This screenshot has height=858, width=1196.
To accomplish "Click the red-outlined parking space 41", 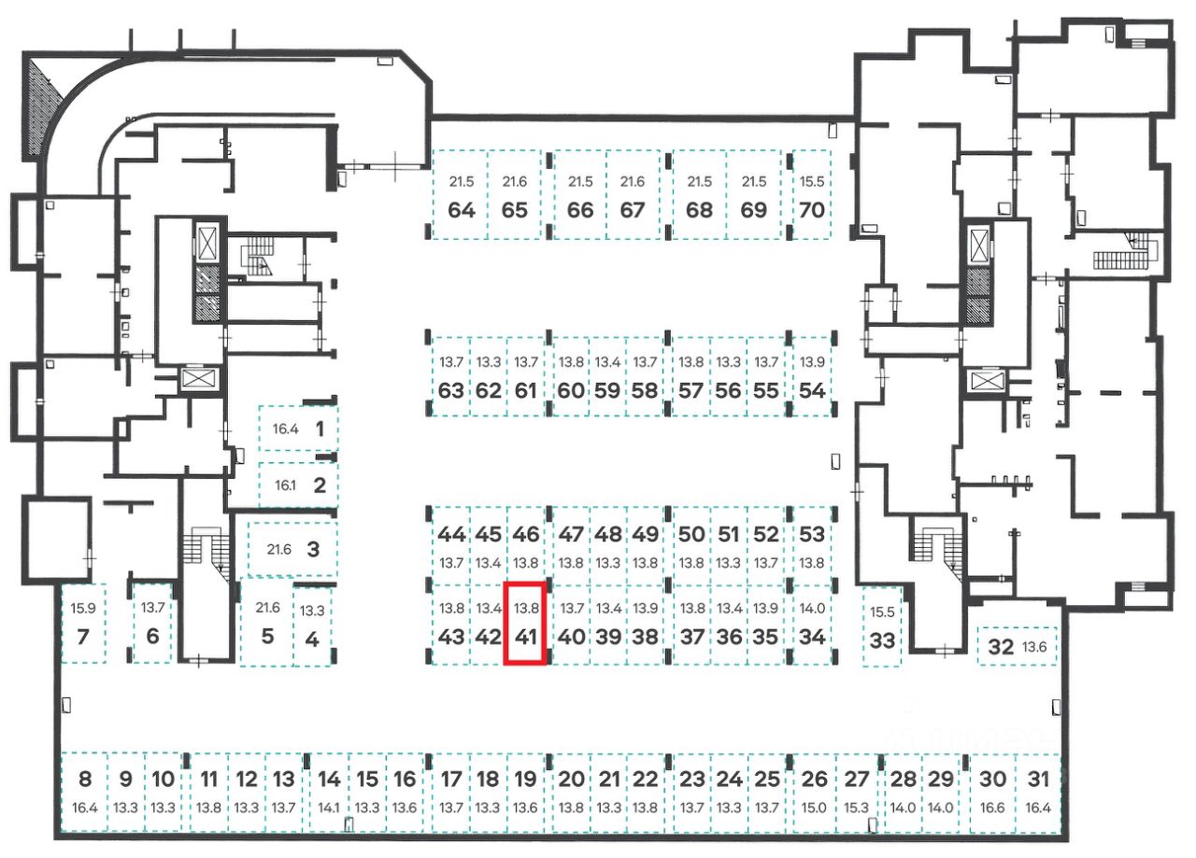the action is click(x=525, y=624).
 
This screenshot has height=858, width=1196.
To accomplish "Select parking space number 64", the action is click(x=461, y=196).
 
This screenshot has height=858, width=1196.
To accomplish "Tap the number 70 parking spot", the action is click(x=812, y=196).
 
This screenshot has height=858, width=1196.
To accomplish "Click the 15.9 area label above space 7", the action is click(x=83, y=609).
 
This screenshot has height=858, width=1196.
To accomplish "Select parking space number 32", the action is click(x=1017, y=646).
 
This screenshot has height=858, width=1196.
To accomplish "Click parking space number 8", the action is click(x=85, y=790).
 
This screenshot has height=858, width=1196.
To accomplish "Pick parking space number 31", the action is click(x=1038, y=790).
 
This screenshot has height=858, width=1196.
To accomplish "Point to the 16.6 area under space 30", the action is click(x=993, y=808).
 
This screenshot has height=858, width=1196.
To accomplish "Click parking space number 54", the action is click(x=813, y=377).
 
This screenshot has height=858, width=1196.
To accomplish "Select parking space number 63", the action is click(x=450, y=377).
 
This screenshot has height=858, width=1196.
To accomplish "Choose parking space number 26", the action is click(x=815, y=790).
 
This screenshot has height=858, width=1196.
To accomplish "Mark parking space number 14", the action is click(x=329, y=790).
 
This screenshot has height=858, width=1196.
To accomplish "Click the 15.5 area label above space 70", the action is click(x=812, y=182).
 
